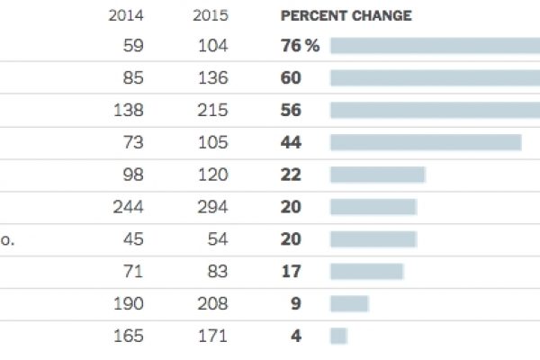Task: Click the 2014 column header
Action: pyautogui.click(x=126, y=15)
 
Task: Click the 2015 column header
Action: pyautogui.click(x=211, y=15)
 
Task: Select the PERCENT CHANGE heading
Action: pyautogui.click(x=346, y=16)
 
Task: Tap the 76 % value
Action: pyautogui.click(x=301, y=46)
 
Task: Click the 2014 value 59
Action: pyautogui.click(x=133, y=46)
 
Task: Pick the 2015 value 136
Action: pyautogui.click(x=213, y=77)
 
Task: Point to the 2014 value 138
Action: pyautogui.click(x=129, y=110)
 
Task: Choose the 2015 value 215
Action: pyautogui.click(x=212, y=110)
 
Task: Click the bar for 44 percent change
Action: pyautogui.click(x=426, y=142)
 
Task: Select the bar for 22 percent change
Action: pyautogui.click(x=378, y=175)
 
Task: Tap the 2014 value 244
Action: pyautogui.click(x=128, y=207)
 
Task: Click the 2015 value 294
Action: pyautogui.click(x=212, y=207)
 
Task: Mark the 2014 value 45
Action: pyautogui.click(x=133, y=239)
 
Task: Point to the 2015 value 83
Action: pyautogui.click(x=218, y=271)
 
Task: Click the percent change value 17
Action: pyautogui.click(x=292, y=271)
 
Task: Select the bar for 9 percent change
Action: pyautogui.click(x=349, y=303)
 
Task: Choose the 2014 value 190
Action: pyautogui.click(x=129, y=303)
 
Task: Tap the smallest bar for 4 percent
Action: pyautogui.click(x=338, y=336)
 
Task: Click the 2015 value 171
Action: pyautogui.click(x=213, y=336)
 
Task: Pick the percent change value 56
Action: pyautogui.click(x=291, y=110)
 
